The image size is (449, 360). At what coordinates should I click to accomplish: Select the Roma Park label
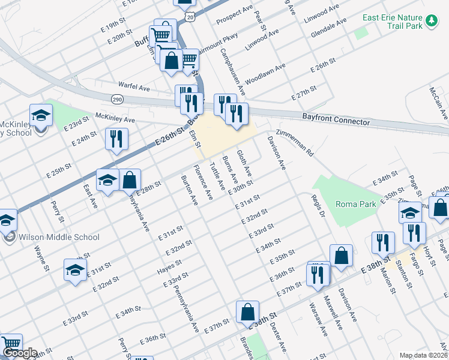[355, 204]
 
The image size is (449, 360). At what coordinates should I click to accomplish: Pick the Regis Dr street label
[318, 206]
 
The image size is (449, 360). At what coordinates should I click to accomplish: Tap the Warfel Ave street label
[134, 88]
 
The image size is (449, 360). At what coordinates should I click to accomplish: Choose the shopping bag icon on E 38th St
[247, 312]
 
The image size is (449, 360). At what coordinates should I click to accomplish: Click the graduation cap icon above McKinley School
[41, 115]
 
